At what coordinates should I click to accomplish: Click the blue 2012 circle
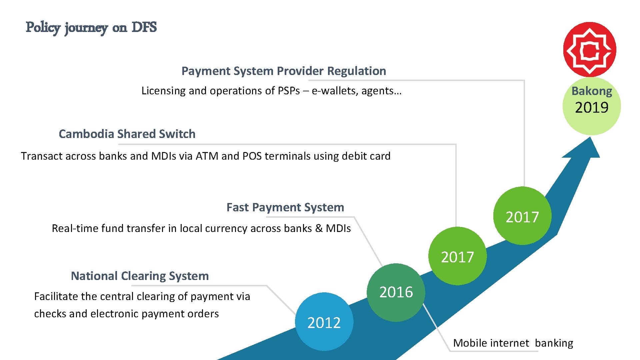(x=324, y=322)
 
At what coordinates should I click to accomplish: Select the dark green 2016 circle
(x=396, y=292)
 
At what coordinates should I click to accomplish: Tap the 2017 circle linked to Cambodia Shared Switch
(x=457, y=256)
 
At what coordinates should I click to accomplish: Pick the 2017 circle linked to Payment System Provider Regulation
(x=522, y=216)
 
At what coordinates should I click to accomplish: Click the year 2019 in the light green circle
(x=592, y=108)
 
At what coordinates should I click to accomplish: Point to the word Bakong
(x=592, y=91)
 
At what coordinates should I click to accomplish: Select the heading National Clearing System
(x=140, y=276)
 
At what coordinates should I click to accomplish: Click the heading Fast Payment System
(x=285, y=207)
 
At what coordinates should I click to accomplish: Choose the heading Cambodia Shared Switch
(x=127, y=134)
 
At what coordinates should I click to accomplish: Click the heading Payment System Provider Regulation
(x=284, y=71)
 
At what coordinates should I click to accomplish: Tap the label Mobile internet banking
(x=513, y=343)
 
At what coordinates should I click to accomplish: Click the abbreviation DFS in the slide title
(x=144, y=27)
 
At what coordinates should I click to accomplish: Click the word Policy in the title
(x=43, y=27)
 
